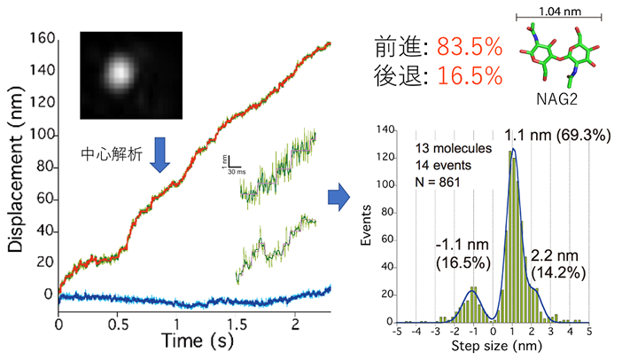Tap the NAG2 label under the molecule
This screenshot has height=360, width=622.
pos(558,98)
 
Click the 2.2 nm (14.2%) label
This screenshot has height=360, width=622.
pos(561,263)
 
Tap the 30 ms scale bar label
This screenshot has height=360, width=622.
pos(234,171)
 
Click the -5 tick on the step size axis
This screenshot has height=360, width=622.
pos(400,331)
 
